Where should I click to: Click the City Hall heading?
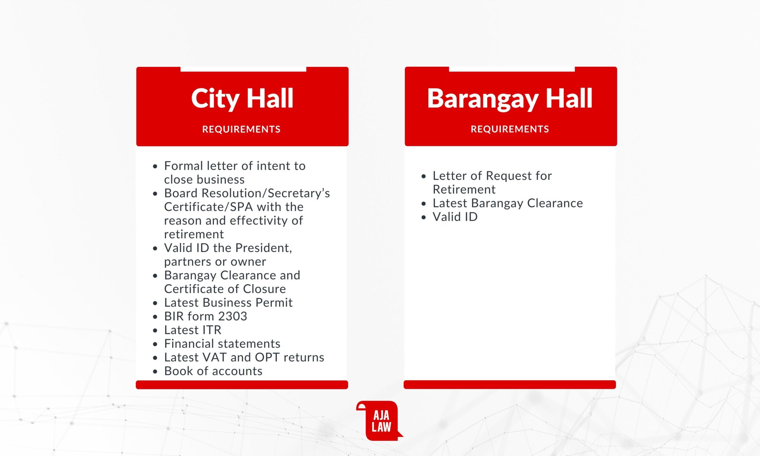tap(242, 99)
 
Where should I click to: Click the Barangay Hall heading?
tap(510, 99)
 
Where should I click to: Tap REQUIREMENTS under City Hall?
tap(241, 129)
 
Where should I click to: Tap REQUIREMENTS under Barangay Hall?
tap(510, 129)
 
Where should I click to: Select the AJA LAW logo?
tap(380, 421)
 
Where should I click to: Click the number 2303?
tap(232, 316)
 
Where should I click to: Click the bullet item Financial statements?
tap(222, 344)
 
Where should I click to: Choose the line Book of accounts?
tap(213, 371)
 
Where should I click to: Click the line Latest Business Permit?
tap(228, 303)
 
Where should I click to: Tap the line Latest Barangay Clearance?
tap(508, 203)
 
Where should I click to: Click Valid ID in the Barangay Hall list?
tap(455, 217)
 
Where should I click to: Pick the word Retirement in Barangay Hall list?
tap(464, 190)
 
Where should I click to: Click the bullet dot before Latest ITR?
tap(155, 331)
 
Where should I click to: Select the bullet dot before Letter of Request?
tap(424, 177)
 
